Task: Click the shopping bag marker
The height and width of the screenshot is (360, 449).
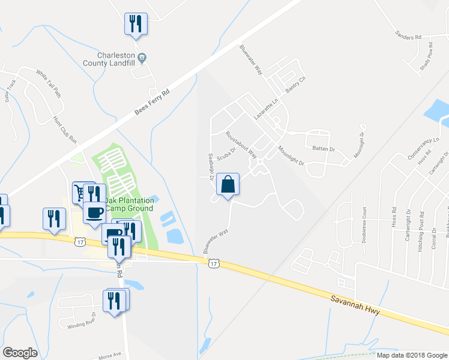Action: point(228,185)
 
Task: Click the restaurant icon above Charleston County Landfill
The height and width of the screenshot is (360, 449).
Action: point(136,25)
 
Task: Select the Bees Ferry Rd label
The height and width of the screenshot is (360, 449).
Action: point(153,100)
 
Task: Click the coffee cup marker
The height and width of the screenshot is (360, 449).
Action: point(95,212)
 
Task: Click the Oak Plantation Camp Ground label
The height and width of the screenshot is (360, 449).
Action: point(128,205)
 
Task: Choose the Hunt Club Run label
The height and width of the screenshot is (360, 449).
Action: point(65,131)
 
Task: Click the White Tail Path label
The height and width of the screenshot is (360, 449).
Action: point(49,83)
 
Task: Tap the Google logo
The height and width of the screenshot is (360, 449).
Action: point(20,353)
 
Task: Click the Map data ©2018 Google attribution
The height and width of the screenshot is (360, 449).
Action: point(411,355)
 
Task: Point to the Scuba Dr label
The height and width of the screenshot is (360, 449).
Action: point(226,154)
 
